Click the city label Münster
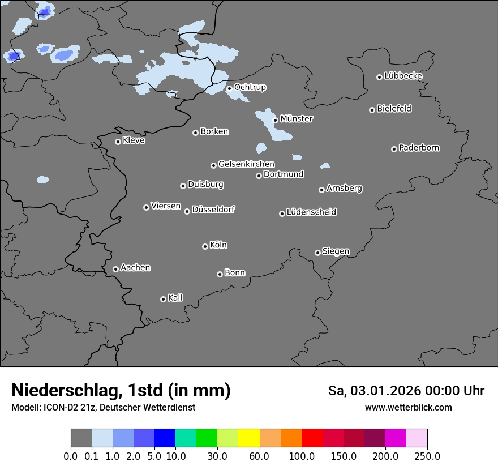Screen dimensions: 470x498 [297, 119]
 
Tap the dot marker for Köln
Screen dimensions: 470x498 [205, 246]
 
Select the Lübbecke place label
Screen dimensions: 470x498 [403, 76]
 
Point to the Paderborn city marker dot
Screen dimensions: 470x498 [394, 149]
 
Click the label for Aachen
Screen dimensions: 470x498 [135, 268]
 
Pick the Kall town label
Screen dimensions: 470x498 [175, 298]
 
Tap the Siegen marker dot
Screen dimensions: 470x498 [317, 253]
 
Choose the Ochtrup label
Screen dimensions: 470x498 [250, 87]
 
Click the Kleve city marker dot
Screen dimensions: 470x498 [118, 142]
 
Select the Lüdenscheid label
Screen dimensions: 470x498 [311, 212]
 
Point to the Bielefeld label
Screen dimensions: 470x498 [394, 109]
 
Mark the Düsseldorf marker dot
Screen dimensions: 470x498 [187, 211]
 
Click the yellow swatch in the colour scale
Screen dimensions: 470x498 [249, 438]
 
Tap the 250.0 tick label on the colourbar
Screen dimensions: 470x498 [427, 456]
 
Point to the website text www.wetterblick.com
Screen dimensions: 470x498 [409, 408]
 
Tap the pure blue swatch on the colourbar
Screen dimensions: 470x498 [165, 438]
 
